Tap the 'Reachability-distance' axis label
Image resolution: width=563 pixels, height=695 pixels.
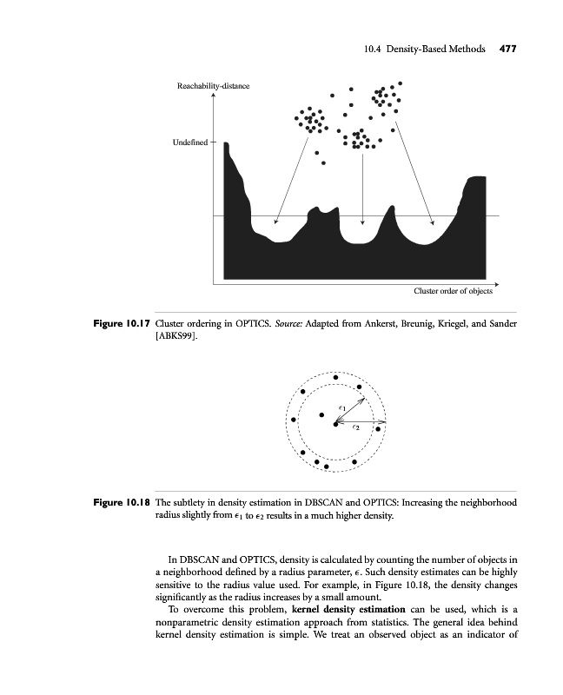(214, 86)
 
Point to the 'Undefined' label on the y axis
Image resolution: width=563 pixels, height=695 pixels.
(191, 142)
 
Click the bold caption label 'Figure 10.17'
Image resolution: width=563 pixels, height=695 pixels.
(122, 324)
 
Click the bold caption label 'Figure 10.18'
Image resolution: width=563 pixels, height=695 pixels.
(122, 503)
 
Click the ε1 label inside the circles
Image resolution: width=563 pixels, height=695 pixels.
(342, 407)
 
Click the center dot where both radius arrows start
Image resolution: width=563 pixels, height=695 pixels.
(334, 424)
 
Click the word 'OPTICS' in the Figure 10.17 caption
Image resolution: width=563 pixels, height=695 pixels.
(248, 324)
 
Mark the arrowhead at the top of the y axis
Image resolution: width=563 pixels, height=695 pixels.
(213, 96)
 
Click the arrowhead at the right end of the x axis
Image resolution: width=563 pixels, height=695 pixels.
(497, 283)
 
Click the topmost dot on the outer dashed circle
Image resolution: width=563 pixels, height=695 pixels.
(335, 378)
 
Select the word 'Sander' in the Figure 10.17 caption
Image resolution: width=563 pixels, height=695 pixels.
(499, 324)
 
